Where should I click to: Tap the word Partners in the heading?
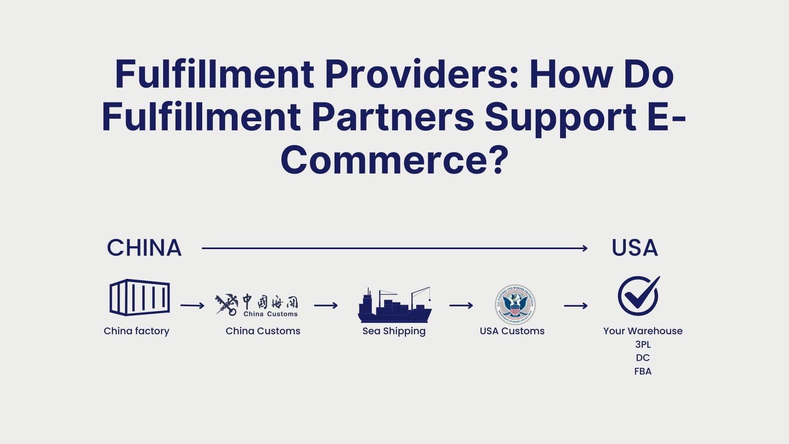pyautogui.click(x=393, y=117)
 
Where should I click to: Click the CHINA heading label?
pyautogui.click(x=144, y=248)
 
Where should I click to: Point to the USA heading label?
pyautogui.click(x=634, y=248)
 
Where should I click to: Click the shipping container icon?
pyautogui.click(x=140, y=297)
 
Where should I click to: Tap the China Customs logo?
pyautogui.click(x=257, y=304)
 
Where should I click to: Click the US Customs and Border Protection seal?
pyautogui.click(x=515, y=304)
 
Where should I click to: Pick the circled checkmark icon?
pyautogui.click(x=638, y=296)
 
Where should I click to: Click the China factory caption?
pyautogui.click(x=137, y=331)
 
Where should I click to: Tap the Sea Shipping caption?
pyautogui.click(x=394, y=331)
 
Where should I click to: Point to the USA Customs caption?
pyautogui.click(x=512, y=331)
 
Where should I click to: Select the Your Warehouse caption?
pyautogui.click(x=643, y=331)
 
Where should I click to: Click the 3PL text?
pyautogui.click(x=643, y=344)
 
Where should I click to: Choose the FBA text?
pyautogui.click(x=643, y=371)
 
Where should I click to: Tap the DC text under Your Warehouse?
pyautogui.click(x=643, y=358)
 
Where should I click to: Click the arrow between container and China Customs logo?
pyautogui.click(x=192, y=306)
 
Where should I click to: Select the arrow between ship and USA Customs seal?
pyautogui.click(x=461, y=306)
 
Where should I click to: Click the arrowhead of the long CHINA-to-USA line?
pyautogui.click(x=585, y=248)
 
